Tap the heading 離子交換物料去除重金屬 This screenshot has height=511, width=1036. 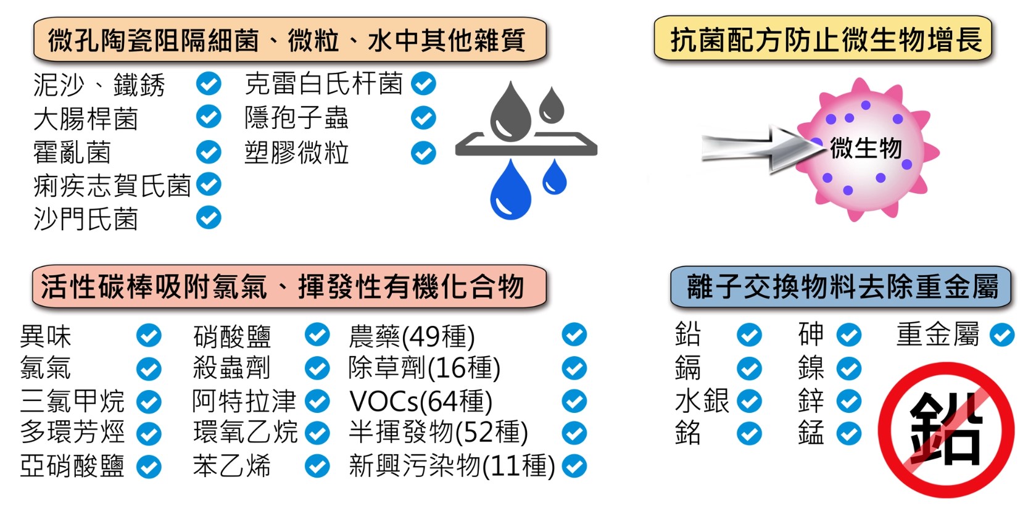tap(841, 287)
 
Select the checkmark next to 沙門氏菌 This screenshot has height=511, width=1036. tap(209, 217)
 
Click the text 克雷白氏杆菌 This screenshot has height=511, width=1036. tap(323, 84)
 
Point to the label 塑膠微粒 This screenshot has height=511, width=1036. tap(296, 152)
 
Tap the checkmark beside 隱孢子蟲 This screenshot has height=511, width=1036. tap(423, 118)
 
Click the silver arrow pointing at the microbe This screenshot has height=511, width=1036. tap(756, 149)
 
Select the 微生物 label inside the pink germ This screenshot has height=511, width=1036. tap(865, 148)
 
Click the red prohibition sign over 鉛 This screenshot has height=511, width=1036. tap(946, 430)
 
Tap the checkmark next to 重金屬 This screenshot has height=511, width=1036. tap(1001, 335)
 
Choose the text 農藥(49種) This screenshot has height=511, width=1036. tap(412, 336)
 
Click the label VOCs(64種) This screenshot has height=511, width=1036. tap(421, 402)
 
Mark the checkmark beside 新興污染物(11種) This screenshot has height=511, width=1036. tap(574, 466)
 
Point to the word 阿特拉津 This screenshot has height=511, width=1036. tap(244, 401)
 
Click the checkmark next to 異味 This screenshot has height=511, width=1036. tap(149, 336)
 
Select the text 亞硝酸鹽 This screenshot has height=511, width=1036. tap(72, 466)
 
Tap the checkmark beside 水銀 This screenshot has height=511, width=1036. tap(749, 401)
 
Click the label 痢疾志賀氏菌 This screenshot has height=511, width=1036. tap(112, 185)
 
